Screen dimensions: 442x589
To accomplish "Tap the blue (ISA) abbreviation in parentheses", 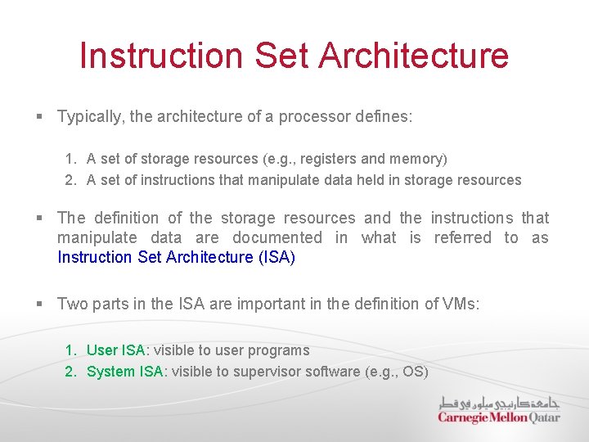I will (276, 258).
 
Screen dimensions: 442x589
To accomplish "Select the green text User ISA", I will (115, 350).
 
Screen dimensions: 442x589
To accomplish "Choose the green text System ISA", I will (125, 372).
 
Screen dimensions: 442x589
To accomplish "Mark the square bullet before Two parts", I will (41, 304).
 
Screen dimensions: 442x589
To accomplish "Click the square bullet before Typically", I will (41, 117).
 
